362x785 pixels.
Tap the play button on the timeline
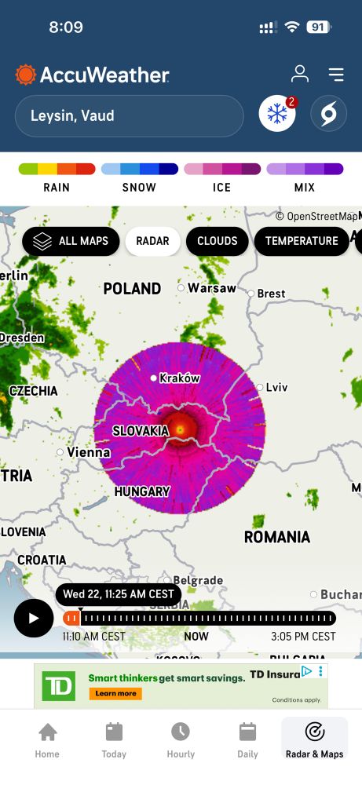[34, 618]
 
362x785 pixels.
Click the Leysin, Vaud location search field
[130, 116]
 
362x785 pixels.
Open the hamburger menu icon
[336, 75]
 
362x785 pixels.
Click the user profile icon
[300, 75]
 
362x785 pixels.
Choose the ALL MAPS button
[71, 241]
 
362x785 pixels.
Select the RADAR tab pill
[152, 241]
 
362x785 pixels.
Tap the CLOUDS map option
[217, 241]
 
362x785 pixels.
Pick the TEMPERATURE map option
[301, 241]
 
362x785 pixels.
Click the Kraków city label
[179, 378]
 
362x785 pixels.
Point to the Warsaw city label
[211, 288]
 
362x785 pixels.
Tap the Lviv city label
[276, 387]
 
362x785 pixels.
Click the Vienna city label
[88, 452]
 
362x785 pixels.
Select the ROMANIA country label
[276, 537]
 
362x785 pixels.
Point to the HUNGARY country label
[142, 491]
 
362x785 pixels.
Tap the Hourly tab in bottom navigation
[181, 740]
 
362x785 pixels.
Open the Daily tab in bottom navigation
[247, 740]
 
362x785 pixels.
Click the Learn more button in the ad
[115, 693]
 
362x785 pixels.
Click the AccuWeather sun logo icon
[26, 75]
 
